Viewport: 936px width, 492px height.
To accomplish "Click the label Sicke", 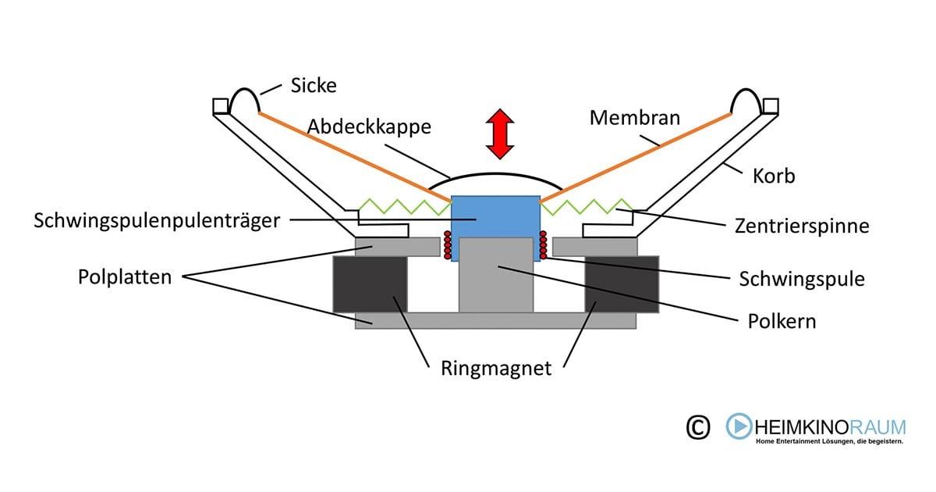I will point(314,85).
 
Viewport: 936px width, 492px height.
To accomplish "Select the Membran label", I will point(635,118).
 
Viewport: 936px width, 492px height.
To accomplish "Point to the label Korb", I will point(775,176).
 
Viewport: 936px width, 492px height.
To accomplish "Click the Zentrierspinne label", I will point(802,226).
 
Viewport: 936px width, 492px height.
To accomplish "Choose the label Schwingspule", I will point(802,279).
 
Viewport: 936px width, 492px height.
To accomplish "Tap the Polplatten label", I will point(125,277).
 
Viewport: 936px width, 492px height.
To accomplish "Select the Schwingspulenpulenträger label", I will point(157,221).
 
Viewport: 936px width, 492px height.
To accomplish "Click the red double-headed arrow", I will point(499,134).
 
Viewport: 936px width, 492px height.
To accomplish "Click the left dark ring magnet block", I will point(370,284).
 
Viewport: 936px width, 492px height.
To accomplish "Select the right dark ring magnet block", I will point(622,284).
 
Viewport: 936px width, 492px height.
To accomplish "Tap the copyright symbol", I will point(698,427).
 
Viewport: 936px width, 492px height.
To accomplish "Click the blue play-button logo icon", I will point(739,426).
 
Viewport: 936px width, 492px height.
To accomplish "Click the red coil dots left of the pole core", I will point(448,245).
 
